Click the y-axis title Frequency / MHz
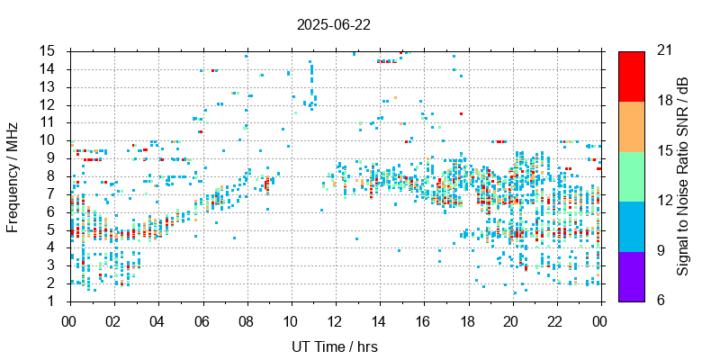click(13, 175)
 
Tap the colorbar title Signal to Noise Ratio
click(683, 175)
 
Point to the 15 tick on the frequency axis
click(48, 50)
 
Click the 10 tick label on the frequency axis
click(48, 139)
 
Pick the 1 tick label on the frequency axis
click(54, 301)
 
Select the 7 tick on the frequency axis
click(54, 193)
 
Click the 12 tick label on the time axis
click(334, 319)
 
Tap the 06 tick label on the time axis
click(202, 319)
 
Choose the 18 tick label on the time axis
click(467, 319)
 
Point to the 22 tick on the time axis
click(555, 319)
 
